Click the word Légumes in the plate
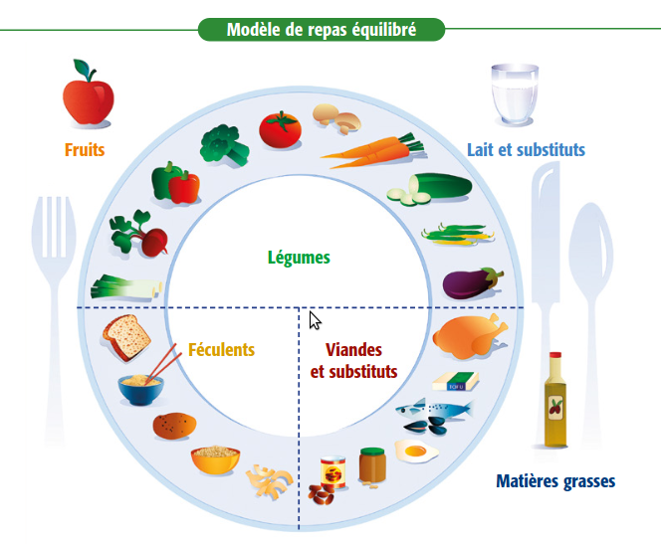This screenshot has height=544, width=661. (x=299, y=258)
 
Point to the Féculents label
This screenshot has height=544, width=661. (x=221, y=350)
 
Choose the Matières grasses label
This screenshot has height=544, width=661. (x=555, y=482)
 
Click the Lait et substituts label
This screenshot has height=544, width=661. (x=526, y=150)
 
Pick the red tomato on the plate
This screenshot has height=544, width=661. (x=280, y=130)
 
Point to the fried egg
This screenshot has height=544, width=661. (x=417, y=453)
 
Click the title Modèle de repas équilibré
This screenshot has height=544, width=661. (x=321, y=30)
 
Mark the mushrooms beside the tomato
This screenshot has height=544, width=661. (x=335, y=118)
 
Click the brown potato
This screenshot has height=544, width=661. (x=173, y=426)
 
